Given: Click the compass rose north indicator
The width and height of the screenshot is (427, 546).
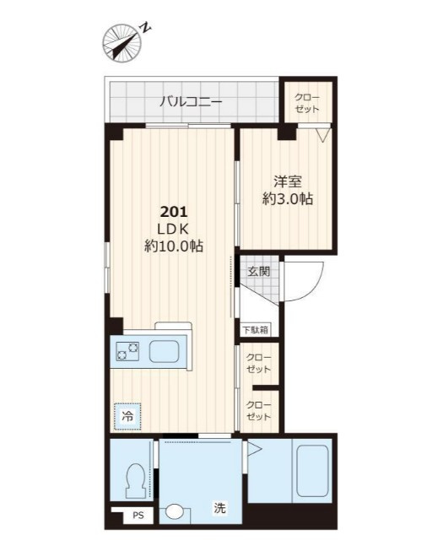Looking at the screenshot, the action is click(x=122, y=43).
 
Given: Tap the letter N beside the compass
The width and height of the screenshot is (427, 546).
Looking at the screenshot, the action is click(x=146, y=28).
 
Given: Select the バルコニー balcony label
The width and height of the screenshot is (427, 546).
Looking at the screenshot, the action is click(x=191, y=102).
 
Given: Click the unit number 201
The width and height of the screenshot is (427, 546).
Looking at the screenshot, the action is click(x=174, y=211).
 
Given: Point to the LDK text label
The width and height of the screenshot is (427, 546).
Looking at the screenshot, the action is click(x=173, y=229).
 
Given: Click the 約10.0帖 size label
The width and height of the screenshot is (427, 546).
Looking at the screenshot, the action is click(x=174, y=246).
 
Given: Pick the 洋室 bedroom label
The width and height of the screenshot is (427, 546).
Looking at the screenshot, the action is click(x=288, y=181).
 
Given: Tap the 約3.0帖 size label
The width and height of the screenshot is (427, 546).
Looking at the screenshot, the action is click(x=288, y=199).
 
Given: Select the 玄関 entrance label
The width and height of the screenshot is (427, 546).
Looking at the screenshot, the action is click(x=259, y=271).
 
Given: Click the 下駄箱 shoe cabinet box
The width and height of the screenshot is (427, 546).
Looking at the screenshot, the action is click(x=256, y=330).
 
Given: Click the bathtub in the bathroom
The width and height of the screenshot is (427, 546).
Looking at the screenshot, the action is click(x=311, y=470).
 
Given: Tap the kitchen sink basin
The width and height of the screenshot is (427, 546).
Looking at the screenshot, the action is click(x=164, y=351).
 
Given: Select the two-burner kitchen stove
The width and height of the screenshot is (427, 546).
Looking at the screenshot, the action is click(x=127, y=351).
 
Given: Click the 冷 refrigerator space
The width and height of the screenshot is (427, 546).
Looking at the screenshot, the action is click(x=127, y=416).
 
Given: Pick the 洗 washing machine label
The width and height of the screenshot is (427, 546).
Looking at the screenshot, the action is click(x=219, y=508).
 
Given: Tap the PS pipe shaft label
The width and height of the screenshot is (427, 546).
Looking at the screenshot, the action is click(x=138, y=515).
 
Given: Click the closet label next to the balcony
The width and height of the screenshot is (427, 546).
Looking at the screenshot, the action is click(x=307, y=103).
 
